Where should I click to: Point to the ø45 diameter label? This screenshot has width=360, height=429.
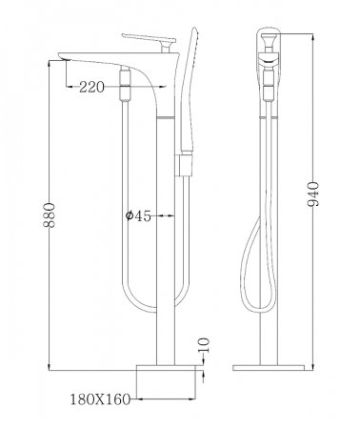[x=140, y=214]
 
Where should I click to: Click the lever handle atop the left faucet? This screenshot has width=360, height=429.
[x=149, y=39]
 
